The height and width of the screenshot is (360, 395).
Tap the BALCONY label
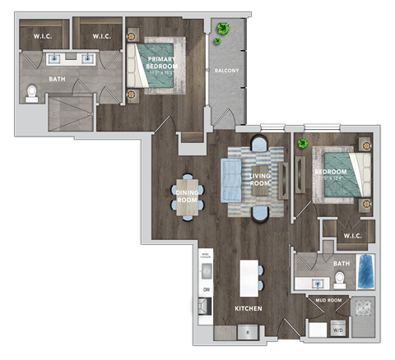click(226, 71)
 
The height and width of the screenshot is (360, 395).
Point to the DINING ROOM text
click(188, 196)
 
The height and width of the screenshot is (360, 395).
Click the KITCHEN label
click(248, 308)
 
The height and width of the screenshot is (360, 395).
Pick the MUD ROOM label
click(328, 301)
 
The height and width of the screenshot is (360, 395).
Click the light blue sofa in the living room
click(230, 175)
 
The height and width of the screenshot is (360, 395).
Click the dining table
click(188, 196)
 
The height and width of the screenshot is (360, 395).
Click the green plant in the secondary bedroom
click(302, 145)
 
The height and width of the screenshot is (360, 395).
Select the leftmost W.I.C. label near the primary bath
click(43, 37)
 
